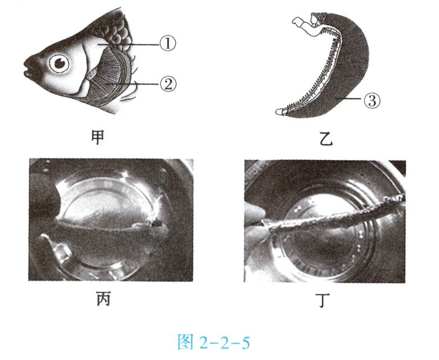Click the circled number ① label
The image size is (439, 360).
168,44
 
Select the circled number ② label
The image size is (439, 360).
168,84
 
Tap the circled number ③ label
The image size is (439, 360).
372,100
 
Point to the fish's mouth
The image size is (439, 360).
28,68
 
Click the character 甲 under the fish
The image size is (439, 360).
98,137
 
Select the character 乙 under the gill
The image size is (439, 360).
326,139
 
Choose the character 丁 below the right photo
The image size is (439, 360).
324,300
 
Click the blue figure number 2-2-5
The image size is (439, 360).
224,343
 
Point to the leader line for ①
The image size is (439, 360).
128,44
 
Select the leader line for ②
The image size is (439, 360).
133,84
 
